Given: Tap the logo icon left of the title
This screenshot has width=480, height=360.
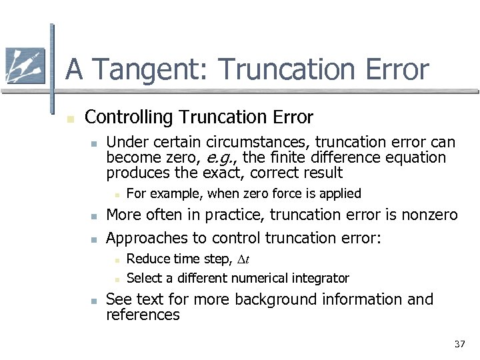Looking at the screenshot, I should (25, 66).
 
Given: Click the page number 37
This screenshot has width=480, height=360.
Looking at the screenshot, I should (459, 344).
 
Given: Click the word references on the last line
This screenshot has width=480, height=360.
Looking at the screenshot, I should (143, 315).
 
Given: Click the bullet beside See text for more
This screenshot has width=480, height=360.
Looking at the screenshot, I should (95, 301).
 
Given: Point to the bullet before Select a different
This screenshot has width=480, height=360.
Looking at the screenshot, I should (115, 279).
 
